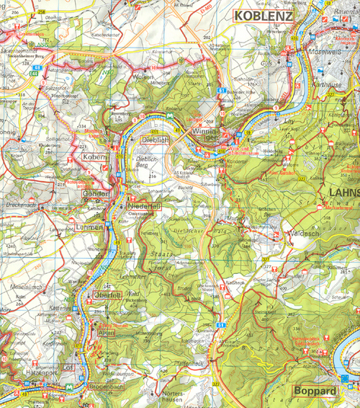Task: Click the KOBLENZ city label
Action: click(261, 14)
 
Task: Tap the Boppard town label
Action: click(315, 392)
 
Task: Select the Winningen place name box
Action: click(205, 137)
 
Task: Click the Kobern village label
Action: click(94, 157)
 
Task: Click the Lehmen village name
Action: click(89, 227)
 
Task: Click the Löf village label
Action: click(70, 368)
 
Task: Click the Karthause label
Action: click(330, 84)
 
